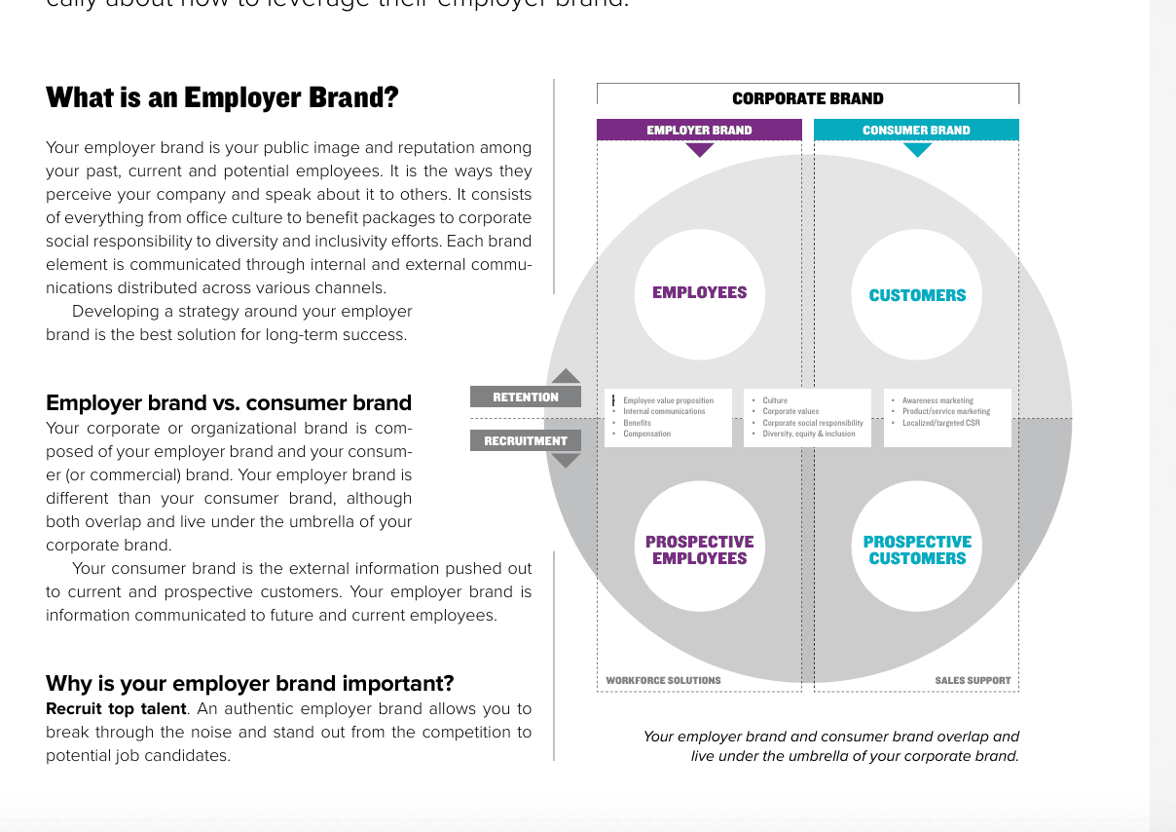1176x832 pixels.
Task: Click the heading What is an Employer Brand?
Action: pos(222,98)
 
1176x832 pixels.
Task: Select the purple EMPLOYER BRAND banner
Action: pos(699,130)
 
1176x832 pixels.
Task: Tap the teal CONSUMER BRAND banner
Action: pos(916,130)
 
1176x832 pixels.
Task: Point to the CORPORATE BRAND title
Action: pos(807,98)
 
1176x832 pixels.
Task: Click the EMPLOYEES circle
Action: pos(699,292)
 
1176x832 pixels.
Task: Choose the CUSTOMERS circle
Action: pos(917,294)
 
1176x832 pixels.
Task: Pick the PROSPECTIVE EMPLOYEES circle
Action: pos(699,549)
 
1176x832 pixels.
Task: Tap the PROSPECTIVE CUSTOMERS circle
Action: pos(917,549)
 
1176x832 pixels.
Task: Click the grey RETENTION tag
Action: pos(526,397)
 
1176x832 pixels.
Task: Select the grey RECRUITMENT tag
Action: pos(526,440)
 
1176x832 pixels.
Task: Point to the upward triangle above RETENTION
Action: pos(566,376)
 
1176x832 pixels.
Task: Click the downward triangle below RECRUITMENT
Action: pos(566,460)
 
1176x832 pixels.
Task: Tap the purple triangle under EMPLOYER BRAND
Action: pos(700,150)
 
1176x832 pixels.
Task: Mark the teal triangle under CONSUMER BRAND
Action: pos(917,150)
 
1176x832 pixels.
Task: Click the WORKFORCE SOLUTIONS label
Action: pos(663,680)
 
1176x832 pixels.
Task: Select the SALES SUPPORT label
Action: pos(973,680)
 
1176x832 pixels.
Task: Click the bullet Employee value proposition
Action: pos(668,400)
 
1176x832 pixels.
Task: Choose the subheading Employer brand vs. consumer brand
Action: pos(229,403)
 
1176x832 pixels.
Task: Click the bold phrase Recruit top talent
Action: pos(116,708)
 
